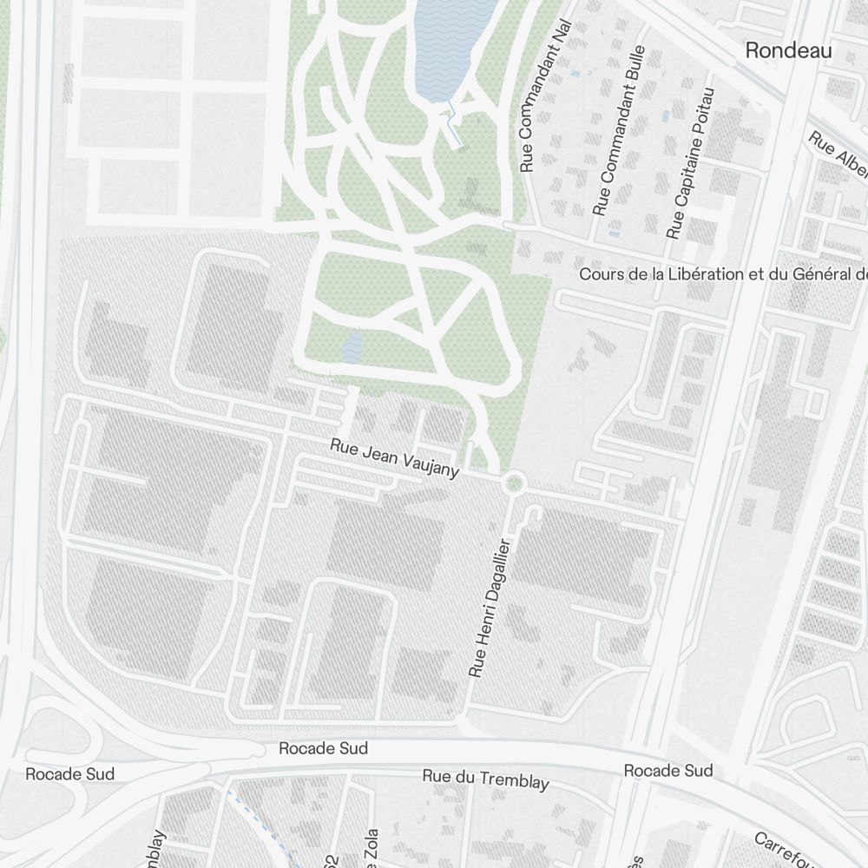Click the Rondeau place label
[788, 51]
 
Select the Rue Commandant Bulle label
[619, 130]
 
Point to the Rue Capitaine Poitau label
[691, 162]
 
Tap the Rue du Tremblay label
[485, 779]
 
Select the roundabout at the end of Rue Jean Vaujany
[514, 483]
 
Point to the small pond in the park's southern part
[352, 348]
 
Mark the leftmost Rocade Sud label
[69, 773]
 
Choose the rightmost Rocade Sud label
[668, 771]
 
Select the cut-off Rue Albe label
[838, 152]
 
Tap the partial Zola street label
[372, 846]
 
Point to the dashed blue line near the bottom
[260, 825]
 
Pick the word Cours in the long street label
[600, 274]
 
